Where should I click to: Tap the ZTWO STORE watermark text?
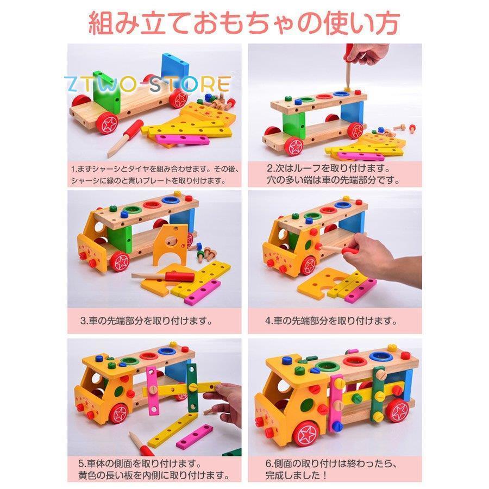[x=147, y=84]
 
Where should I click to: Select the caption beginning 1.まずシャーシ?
[x=155, y=174]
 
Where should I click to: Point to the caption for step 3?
[x=146, y=321]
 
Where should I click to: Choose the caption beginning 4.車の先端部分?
[x=331, y=321]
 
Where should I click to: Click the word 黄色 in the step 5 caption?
[x=89, y=475]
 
